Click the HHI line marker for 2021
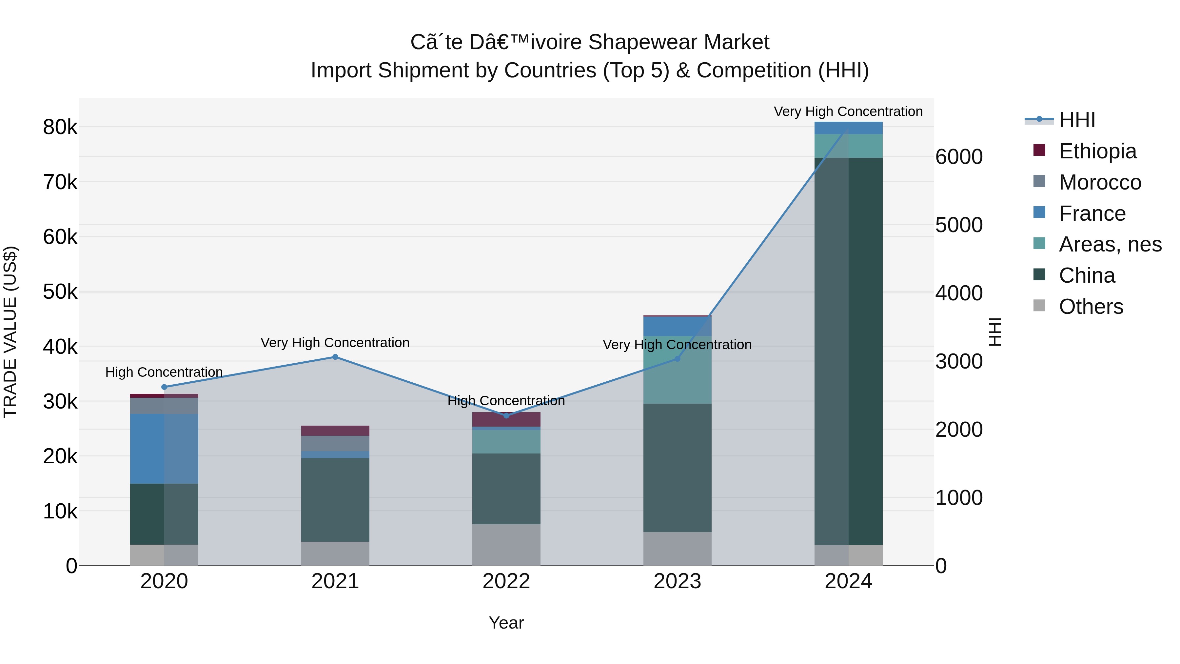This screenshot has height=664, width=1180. pyautogui.click(x=335, y=357)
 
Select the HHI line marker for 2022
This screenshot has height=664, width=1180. pyautogui.click(x=506, y=416)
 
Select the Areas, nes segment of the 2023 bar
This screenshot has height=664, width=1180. pyautogui.click(x=677, y=370)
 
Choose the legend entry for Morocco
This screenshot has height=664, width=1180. pyautogui.click(x=1099, y=182)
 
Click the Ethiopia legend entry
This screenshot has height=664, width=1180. pyautogui.click(x=1097, y=151)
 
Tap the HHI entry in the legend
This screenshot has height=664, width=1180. pyautogui.click(x=1076, y=120)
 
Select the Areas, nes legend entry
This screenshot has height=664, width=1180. pyautogui.click(x=1110, y=244)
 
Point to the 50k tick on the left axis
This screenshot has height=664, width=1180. pyautogui.click(x=60, y=292)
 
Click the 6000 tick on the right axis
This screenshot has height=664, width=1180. pyautogui.click(x=959, y=157)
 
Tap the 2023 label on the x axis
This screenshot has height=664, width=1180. pyautogui.click(x=677, y=581)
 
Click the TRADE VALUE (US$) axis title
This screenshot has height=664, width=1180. pyautogui.click(x=10, y=332)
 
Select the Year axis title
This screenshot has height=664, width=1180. pyautogui.click(x=506, y=623)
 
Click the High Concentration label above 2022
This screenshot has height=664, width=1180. pyautogui.click(x=506, y=401)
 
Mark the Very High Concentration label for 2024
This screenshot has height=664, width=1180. pyautogui.click(x=848, y=112)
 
